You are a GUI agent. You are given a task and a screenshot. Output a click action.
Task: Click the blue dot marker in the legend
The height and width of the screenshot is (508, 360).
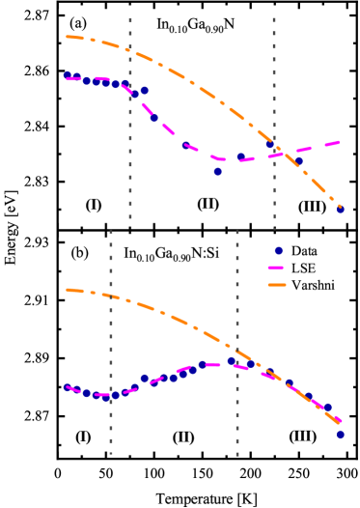tap(278, 250)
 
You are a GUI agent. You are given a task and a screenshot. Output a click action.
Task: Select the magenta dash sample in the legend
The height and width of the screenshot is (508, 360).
tap(276, 268)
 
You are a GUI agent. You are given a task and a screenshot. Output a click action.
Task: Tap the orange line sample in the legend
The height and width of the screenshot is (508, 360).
tap(277, 285)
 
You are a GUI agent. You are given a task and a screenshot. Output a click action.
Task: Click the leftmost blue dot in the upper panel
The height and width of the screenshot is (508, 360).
tap(68, 75)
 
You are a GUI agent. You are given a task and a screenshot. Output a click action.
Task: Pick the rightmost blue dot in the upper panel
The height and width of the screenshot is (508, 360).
tap(340, 209)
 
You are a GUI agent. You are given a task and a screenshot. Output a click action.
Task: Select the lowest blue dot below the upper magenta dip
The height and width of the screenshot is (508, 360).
tap(218, 171)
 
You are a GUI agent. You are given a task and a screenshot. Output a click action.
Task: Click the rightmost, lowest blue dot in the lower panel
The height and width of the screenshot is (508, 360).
tap(341, 435)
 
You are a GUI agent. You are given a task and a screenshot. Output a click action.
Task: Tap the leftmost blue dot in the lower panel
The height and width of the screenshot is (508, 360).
tap(68, 387)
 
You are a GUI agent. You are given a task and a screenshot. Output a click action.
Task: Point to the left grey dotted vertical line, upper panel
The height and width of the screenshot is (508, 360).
tap(130, 116)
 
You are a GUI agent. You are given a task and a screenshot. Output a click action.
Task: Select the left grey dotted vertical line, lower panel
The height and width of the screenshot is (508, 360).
tap(111, 338)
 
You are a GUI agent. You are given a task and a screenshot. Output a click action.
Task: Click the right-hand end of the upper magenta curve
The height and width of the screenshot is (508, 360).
tap(339, 142)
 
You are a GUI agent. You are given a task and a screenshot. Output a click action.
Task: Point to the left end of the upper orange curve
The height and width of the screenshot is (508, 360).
tap(68, 37)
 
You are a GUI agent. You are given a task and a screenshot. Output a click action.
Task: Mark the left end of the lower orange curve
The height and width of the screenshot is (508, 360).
tap(68, 290)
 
